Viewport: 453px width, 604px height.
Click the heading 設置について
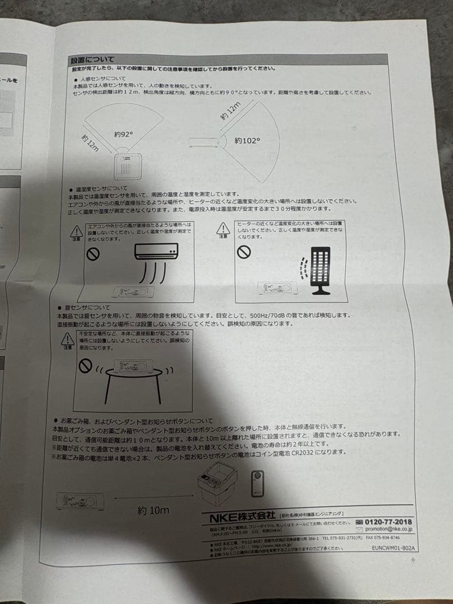92,59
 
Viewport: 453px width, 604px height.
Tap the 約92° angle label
124,134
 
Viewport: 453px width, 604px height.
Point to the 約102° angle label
247,141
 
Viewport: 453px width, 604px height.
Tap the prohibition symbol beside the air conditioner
92,253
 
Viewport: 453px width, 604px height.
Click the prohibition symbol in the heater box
243,252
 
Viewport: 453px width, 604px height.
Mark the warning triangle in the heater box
224,228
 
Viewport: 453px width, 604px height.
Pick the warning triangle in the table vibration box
68,338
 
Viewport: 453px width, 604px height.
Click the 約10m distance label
153,510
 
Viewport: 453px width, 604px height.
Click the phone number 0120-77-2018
388,521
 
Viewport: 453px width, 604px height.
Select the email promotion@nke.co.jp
388,529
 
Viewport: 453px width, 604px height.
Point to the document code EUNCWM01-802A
393,549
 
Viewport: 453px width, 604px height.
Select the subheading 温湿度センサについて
98,188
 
